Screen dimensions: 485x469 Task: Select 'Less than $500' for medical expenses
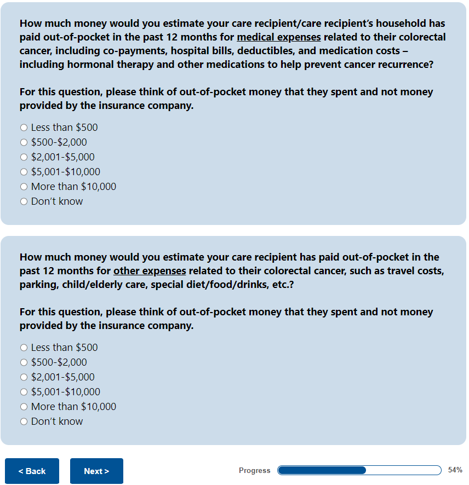tap(24, 128)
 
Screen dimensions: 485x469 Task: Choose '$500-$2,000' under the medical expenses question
tap(24, 142)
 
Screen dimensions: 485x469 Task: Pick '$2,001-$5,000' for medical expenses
tap(24, 157)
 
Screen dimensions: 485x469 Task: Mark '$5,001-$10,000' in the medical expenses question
tap(24, 172)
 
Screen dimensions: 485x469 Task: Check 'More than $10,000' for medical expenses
tap(24, 187)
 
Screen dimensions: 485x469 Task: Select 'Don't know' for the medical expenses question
tap(24, 201)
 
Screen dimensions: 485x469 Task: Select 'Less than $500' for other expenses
tap(24, 348)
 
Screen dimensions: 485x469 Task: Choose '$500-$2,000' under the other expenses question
tap(24, 362)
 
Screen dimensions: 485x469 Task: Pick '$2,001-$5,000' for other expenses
tap(24, 377)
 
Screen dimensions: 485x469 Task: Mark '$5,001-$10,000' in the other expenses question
tap(24, 392)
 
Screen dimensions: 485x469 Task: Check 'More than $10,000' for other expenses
tap(24, 407)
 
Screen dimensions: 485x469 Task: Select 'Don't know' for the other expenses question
tap(24, 422)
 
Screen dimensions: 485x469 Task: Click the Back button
tap(32, 471)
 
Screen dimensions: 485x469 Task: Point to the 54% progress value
tap(455, 470)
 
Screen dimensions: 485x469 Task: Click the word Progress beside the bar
tap(254, 471)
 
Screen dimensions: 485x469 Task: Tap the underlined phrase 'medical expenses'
tap(279, 37)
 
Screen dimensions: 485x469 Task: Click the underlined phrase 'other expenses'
tap(150, 271)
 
